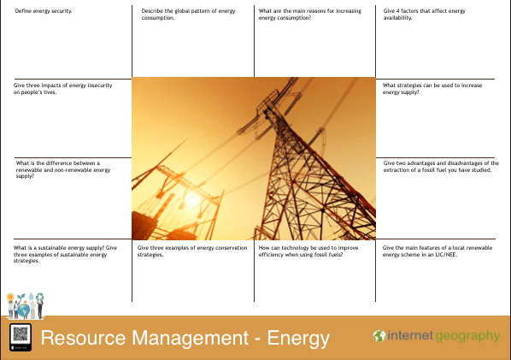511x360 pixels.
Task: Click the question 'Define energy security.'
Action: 44,11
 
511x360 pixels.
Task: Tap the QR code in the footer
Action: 21,337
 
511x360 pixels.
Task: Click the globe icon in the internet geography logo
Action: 379,336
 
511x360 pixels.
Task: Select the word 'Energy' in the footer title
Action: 298,339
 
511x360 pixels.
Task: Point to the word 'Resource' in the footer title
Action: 83,338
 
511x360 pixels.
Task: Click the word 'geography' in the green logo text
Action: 467,337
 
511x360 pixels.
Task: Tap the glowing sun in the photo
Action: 192,199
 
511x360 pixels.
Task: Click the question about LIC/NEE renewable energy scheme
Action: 438,251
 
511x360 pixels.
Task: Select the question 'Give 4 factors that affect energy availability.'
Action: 425,15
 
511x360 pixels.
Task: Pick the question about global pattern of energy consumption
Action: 188,15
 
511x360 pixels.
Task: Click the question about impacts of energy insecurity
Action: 62,89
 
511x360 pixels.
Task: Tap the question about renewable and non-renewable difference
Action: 63,169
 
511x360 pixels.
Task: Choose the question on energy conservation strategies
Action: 192,251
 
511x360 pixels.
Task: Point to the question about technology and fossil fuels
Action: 308,251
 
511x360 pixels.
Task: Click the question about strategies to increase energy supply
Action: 432,89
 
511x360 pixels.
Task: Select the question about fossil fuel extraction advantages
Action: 441,166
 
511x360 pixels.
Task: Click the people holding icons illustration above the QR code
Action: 25,305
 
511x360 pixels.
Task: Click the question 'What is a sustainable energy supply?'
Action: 65,254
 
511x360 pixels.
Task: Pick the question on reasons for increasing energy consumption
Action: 310,15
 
